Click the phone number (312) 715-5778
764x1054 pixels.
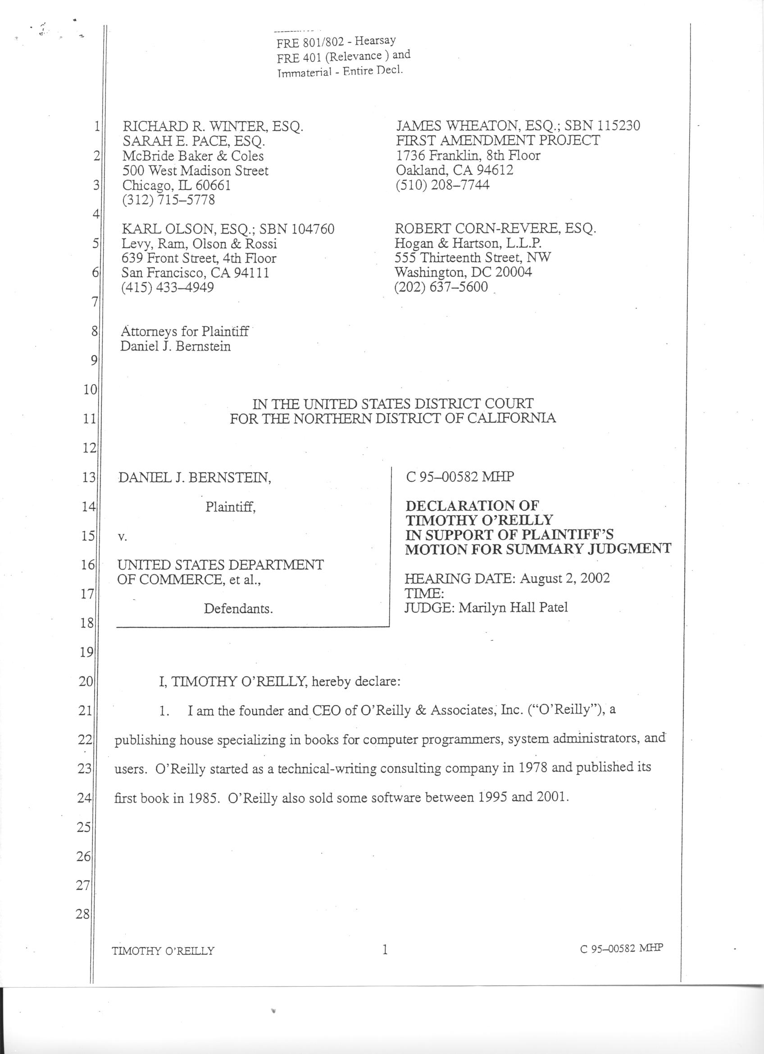168,200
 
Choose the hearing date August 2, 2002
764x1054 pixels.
564,579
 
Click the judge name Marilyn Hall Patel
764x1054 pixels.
513,607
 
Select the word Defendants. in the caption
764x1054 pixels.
238,608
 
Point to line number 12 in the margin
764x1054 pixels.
89,448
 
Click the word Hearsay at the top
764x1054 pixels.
375,41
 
